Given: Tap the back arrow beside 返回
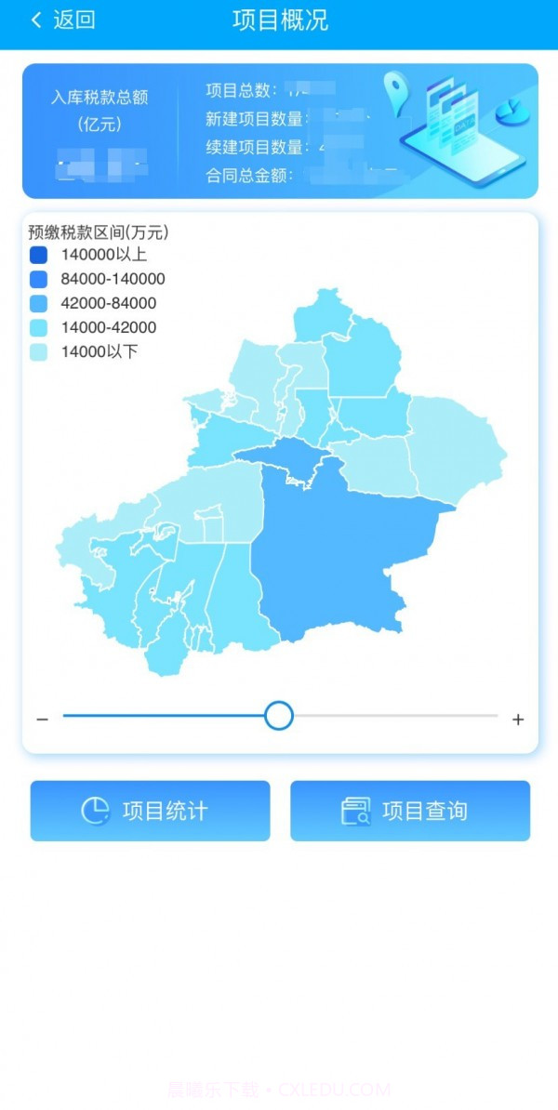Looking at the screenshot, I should [x=36, y=20].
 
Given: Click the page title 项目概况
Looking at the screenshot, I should [x=280, y=20].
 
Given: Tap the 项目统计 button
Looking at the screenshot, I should [x=150, y=811].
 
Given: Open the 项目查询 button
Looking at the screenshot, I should [x=410, y=811].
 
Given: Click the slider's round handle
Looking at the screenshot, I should [x=279, y=716].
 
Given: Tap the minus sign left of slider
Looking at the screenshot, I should [x=42, y=720].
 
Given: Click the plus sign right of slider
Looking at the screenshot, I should [x=518, y=720].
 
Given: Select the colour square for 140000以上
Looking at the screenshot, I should [x=38, y=255].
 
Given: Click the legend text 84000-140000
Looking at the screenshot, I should [x=113, y=279].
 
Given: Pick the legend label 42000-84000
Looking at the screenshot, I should [x=108, y=303].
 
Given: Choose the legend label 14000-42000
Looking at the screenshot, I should [x=108, y=327].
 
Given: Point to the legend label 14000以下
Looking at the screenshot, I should [x=99, y=351].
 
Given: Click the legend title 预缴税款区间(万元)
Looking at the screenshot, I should [x=98, y=232].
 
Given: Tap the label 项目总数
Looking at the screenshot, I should [x=241, y=90].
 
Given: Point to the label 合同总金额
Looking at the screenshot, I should [x=248, y=175].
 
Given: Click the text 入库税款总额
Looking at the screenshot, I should [x=100, y=97].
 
